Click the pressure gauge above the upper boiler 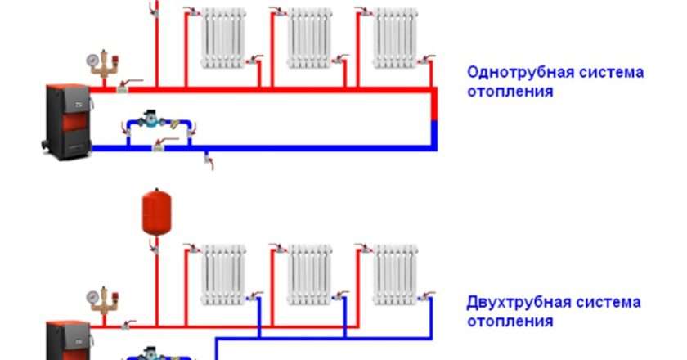[x=93, y=61]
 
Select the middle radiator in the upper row [x=309, y=38]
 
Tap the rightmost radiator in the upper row [x=395, y=38]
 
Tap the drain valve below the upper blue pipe [x=209, y=160]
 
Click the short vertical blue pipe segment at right [x=434, y=135]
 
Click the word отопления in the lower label [x=510, y=322]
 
